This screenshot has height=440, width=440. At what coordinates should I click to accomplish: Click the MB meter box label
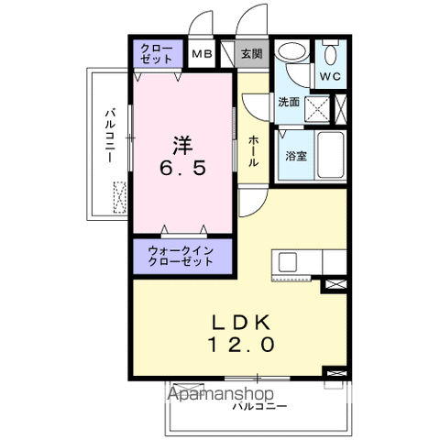pyautogui.click(x=202, y=54)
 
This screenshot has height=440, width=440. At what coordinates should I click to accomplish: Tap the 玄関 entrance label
pyautogui.click(x=251, y=54)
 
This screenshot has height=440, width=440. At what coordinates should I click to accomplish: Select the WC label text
pyautogui.click(x=330, y=76)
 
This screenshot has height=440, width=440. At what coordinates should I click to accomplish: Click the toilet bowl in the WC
pyautogui.click(x=331, y=52)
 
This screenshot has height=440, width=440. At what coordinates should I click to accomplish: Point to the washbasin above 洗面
pyautogui.click(x=291, y=51)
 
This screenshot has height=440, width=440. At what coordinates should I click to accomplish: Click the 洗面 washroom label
pyautogui.click(x=289, y=102)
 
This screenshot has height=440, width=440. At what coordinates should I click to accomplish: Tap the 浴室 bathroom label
pyautogui.click(x=296, y=156)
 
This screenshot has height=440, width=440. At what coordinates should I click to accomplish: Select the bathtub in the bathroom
pyautogui.click(x=330, y=155)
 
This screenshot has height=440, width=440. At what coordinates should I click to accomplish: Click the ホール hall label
pyautogui.click(x=253, y=151)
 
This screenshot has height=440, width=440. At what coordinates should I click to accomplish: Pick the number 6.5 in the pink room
pyautogui.click(x=182, y=168)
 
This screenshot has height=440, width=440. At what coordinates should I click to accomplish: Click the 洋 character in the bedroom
pyautogui.click(x=182, y=145)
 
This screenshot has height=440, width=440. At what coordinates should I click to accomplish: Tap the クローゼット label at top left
pyautogui.click(x=156, y=54)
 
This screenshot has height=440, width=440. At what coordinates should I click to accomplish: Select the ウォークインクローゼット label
pyautogui.click(x=181, y=256)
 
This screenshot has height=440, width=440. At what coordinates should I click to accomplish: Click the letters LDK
pyautogui.click(x=241, y=322)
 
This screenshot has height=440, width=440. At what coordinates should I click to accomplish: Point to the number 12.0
pyautogui.click(x=241, y=345)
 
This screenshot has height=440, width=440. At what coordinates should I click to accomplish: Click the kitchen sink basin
pyautogui.click(x=287, y=262)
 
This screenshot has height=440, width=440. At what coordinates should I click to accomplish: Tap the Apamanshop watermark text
pyautogui.click(x=220, y=394)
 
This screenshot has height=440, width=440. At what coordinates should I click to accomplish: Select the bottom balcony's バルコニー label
pyautogui.click(x=259, y=406)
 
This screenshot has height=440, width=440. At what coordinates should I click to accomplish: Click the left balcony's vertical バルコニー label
pyautogui.click(x=110, y=135)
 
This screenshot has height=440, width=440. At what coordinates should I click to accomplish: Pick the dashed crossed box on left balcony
pyautogui.click(x=120, y=197)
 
